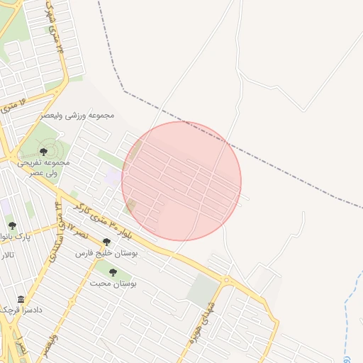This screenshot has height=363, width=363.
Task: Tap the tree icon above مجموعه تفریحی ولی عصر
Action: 43,152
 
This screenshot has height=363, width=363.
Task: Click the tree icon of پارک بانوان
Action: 12,225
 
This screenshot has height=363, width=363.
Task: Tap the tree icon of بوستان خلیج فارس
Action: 106,242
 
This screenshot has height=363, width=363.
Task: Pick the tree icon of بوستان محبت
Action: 113,272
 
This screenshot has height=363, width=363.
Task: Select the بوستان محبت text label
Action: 113,283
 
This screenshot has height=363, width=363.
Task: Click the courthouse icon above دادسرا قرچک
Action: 21,299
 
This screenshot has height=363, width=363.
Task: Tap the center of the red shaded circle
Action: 181,181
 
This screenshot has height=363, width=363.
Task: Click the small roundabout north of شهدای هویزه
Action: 227,281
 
